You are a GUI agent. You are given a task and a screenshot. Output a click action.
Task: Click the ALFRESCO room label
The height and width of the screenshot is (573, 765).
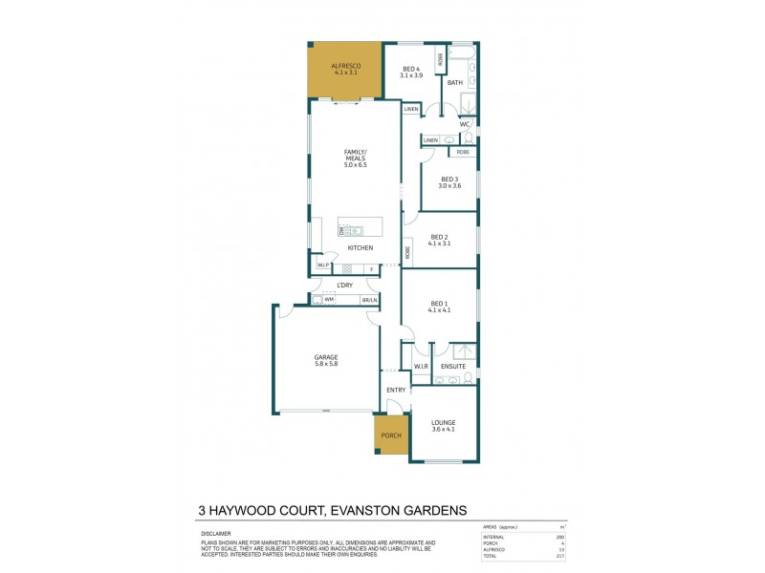(x=345, y=65)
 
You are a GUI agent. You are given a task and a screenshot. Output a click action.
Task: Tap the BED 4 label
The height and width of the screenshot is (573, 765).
(x=410, y=68)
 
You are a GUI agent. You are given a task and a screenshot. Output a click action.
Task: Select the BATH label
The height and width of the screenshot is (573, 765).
(x=455, y=83)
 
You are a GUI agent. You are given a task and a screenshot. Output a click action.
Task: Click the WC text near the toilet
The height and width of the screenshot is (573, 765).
(x=465, y=124)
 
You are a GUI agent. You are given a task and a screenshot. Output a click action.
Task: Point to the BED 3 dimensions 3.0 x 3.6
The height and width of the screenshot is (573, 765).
(x=450, y=185)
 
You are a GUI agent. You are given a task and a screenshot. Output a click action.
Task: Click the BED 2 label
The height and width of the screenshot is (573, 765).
(x=439, y=237)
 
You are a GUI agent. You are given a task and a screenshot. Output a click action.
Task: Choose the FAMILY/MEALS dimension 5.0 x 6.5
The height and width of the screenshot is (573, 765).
(x=356, y=165)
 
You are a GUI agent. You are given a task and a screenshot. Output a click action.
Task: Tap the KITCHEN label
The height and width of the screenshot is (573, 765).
(x=361, y=248)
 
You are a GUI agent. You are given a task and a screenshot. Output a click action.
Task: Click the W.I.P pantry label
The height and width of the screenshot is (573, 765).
(x=323, y=265)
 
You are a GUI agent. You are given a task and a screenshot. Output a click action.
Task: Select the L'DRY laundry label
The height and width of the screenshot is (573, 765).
(x=345, y=286)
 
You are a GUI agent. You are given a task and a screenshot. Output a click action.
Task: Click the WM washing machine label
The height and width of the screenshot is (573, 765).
(x=329, y=300)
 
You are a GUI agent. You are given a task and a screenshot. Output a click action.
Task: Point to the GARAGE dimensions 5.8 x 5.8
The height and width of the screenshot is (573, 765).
(x=326, y=363)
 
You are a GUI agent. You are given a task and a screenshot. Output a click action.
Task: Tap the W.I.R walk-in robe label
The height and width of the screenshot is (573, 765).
(x=420, y=366)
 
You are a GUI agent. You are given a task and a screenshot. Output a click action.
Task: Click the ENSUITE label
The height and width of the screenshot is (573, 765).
(x=453, y=366)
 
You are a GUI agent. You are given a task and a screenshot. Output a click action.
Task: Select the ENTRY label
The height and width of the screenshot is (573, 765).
(x=396, y=390)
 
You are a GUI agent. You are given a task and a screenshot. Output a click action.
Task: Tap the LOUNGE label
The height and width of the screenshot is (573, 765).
(x=443, y=422)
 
